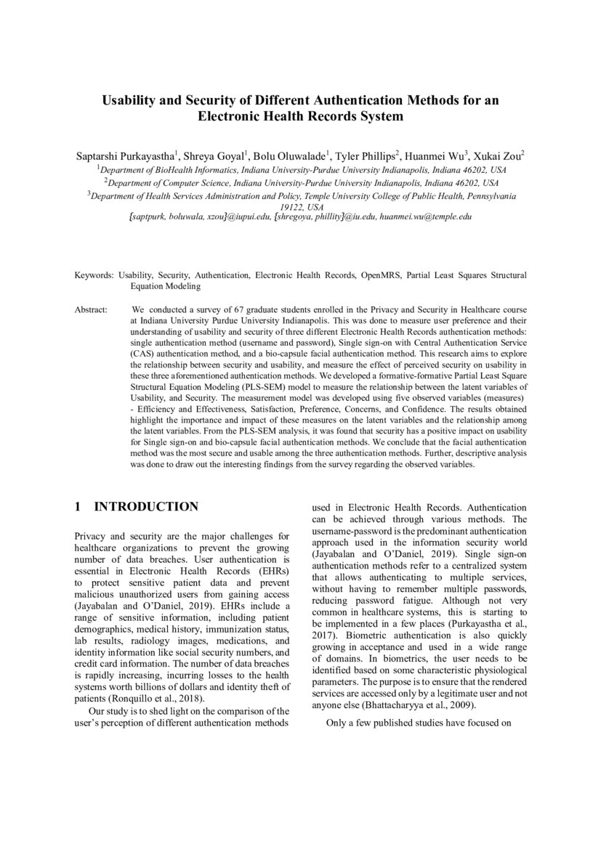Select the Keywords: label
[x=94, y=276]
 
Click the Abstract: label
[x=91, y=309]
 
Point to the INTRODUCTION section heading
[x=146, y=506]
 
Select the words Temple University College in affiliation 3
[x=365, y=195]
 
